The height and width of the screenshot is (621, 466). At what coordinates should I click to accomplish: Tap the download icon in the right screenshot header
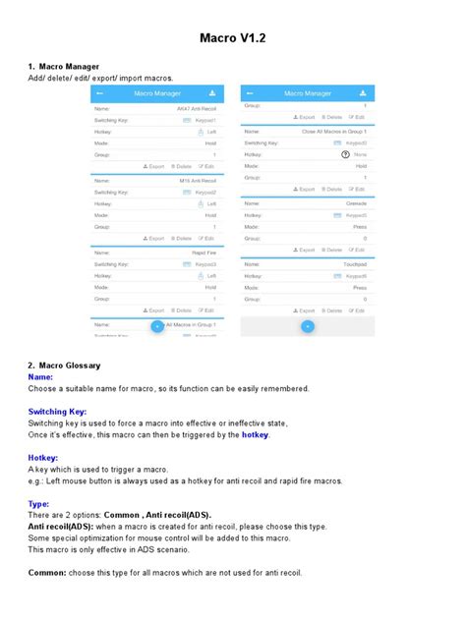365,93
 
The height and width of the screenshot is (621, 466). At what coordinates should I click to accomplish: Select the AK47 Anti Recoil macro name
197,108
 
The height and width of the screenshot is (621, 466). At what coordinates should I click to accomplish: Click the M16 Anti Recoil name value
197,181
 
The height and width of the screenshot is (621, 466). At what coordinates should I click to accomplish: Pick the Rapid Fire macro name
204,253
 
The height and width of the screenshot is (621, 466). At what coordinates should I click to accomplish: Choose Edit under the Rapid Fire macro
207,310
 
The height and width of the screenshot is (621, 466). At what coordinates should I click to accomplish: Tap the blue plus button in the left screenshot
156,325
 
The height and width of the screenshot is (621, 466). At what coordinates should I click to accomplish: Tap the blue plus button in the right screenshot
307,325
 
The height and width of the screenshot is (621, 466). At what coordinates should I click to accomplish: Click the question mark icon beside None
345,155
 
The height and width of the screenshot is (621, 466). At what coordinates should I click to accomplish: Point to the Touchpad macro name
354,263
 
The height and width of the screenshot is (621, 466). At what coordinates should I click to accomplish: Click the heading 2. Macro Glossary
65,365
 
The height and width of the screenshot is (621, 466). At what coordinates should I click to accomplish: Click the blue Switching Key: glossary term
58,411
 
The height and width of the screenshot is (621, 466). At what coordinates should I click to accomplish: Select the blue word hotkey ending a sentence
255,434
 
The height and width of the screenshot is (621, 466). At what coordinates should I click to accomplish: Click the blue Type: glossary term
39,503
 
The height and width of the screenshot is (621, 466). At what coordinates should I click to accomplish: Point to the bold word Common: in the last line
47,572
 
